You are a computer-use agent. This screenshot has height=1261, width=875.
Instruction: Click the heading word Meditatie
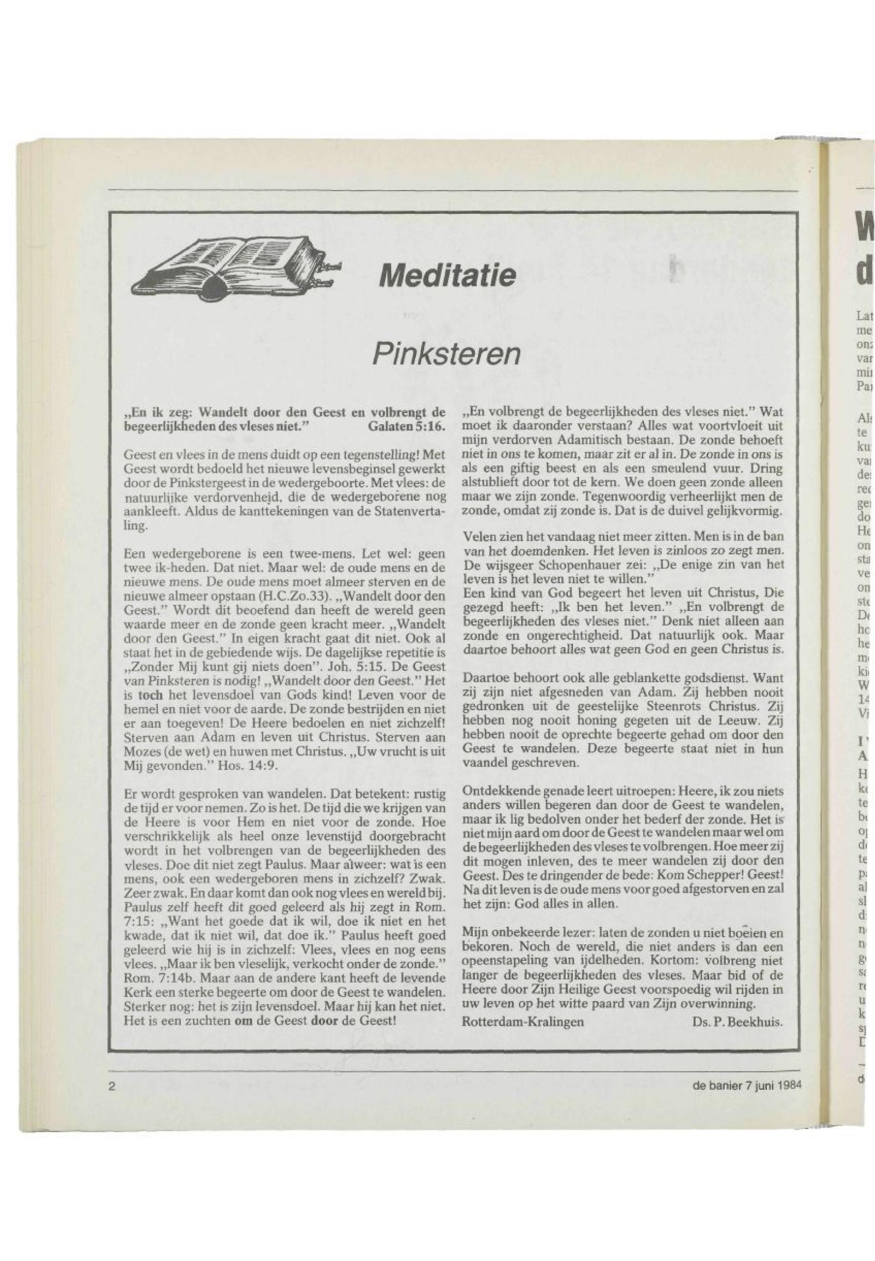445,275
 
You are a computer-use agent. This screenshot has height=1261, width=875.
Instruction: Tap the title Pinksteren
445,355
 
